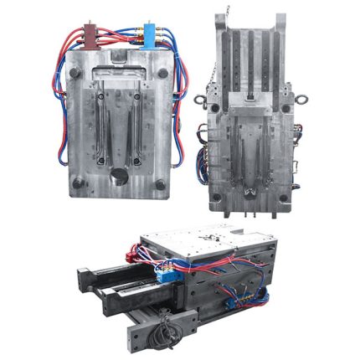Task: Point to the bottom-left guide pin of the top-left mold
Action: tap(78, 182)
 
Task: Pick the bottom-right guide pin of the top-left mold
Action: tap(161, 182)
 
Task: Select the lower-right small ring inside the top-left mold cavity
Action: tap(136, 156)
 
